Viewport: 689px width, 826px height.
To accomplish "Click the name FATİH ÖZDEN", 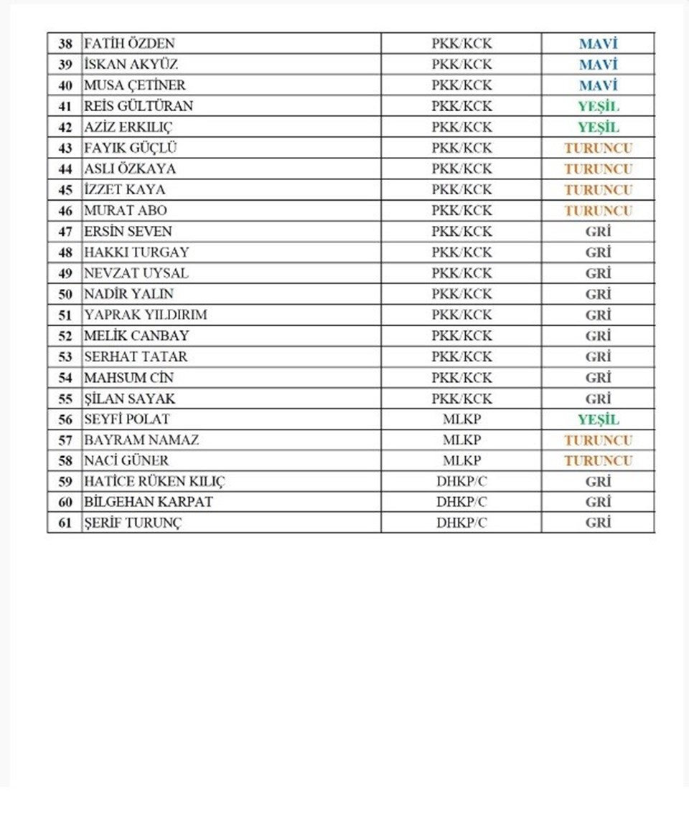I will [129, 44].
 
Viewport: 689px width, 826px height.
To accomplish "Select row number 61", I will [65, 523].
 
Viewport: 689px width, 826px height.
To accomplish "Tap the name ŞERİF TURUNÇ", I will [133, 523].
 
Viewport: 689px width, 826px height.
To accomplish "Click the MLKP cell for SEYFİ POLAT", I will [461, 419].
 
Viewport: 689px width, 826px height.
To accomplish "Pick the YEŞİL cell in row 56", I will [598, 419].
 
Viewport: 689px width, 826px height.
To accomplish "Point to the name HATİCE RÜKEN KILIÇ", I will [154, 481].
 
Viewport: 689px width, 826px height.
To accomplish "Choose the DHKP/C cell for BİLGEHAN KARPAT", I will [461, 502].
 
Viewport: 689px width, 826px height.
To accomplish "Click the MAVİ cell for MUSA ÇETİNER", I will [598, 85].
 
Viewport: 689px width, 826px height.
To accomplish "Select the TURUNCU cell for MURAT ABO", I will [598, 211].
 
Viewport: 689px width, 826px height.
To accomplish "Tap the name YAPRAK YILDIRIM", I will [146, 315].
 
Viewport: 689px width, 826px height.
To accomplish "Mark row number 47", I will [65, 232].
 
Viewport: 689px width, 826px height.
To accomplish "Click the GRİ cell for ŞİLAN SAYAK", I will [598, 398].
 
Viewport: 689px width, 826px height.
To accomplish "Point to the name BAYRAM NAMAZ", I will [141, 440].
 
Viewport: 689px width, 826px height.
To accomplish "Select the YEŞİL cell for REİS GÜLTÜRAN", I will [598, 106].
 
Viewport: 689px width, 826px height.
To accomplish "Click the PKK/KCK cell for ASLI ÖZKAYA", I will [461, 169].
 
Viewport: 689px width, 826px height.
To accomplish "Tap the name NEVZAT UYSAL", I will [136, 273].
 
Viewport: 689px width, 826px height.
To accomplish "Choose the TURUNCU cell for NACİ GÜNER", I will [598, 460].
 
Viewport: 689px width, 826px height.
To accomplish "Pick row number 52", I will [65, 336].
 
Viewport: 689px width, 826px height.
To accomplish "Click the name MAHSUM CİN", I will [129, 377].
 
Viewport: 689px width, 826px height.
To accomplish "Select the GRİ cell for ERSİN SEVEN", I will [598, 232].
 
